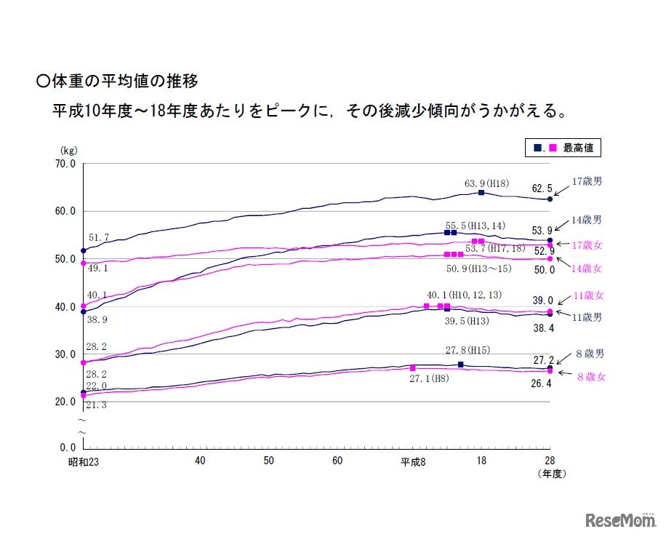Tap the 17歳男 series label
pyautogui.click(x=587, y=181)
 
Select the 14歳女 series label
pyautogui.click(x=587, y=268)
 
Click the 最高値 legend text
pyautogui.click(x=578, y=148)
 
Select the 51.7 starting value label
pyautogui.click(x=99, y=238)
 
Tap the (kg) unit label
pyautogui.click(x=68, y=151)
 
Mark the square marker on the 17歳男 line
pyautogui.click(x=481, y=192)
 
